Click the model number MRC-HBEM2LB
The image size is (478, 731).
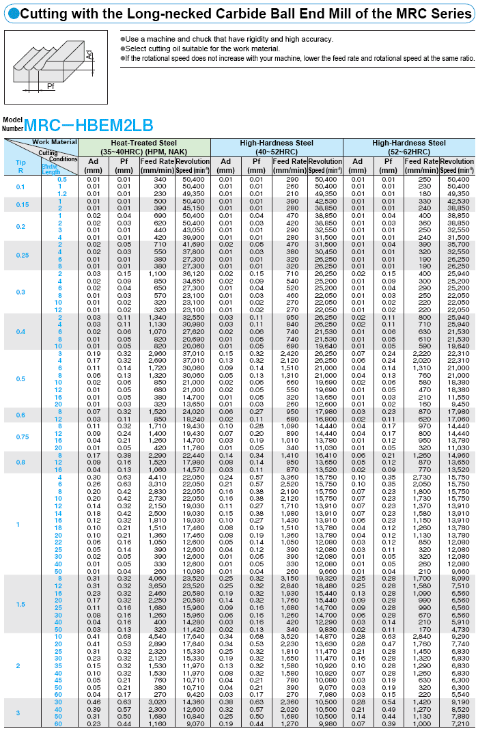(x=88, y=125)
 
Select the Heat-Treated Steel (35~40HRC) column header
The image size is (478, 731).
(x=144, y=147)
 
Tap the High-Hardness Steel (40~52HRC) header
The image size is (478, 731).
(x=277, y=147)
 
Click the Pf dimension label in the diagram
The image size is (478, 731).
(x=50, y=86)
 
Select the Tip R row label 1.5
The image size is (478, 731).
(x=20, y=604)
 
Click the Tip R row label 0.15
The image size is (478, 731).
(x=20, y=205)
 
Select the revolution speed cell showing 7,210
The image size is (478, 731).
(x=460, y=723)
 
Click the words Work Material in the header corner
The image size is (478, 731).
(x=55, y=142)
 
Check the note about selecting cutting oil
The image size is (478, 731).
(x=203, y=49)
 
